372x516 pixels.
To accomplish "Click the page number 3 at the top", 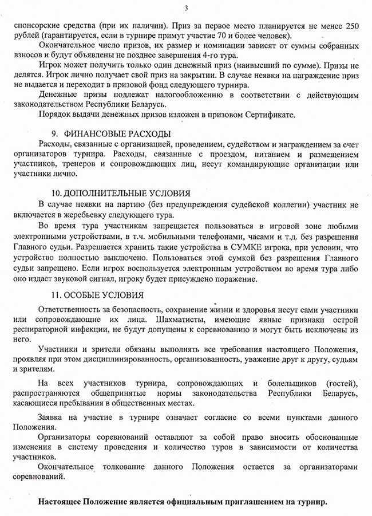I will pyautogui.click(x=187, y=7).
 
